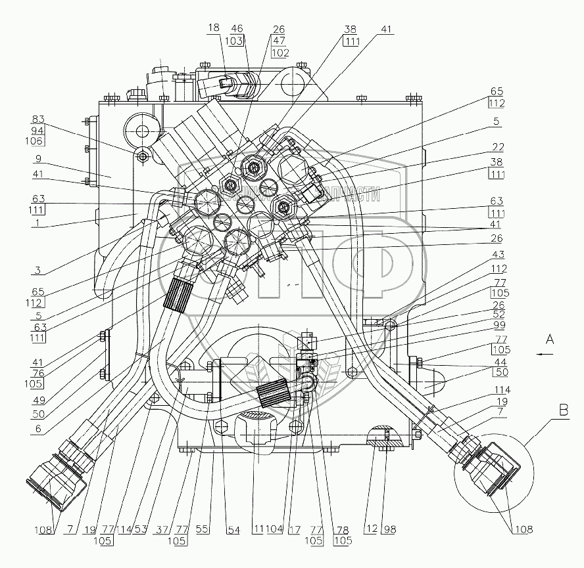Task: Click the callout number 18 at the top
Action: pyautogui.click(x=215, y=28)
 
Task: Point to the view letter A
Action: pyautogui.click(x=552, y=339)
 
